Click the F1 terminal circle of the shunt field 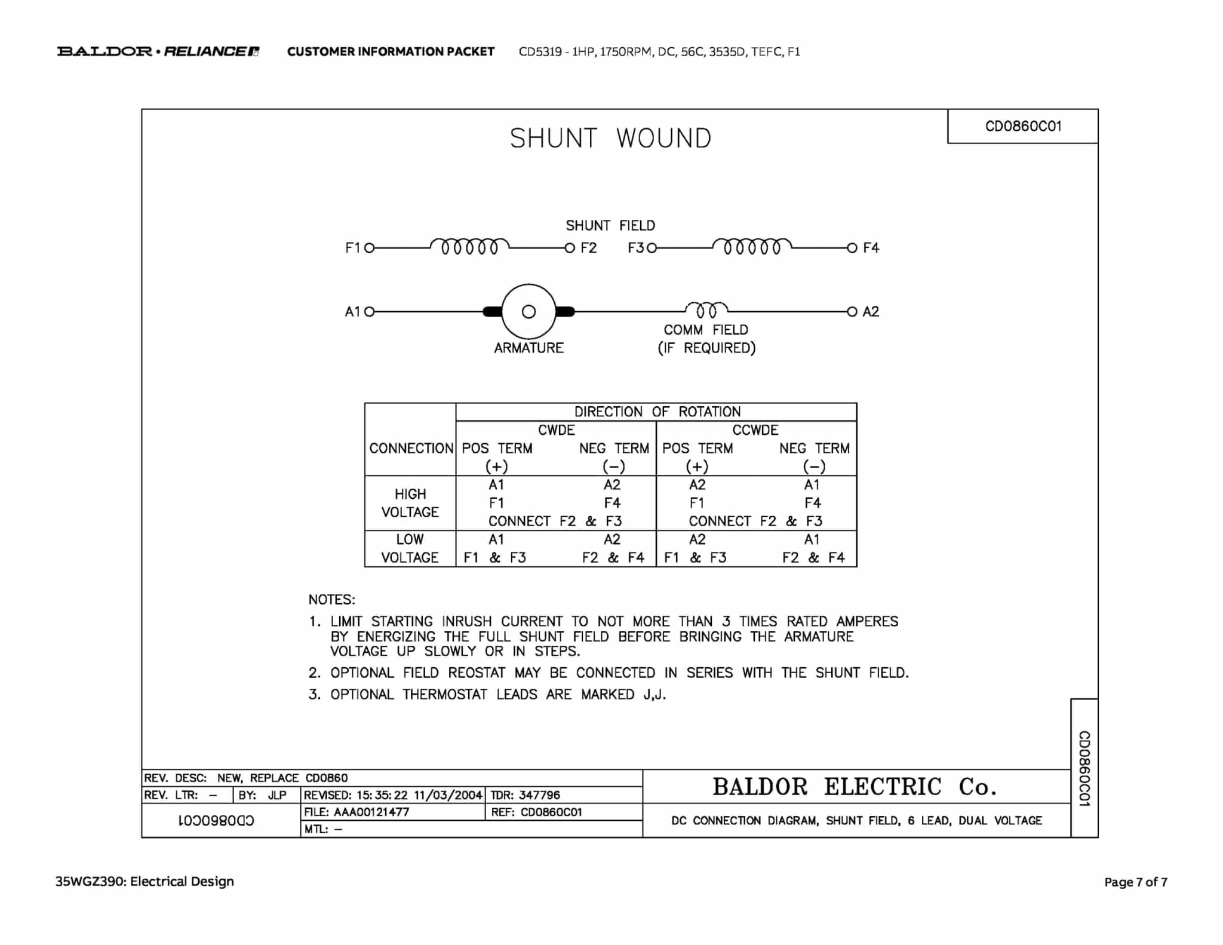click(369, 248)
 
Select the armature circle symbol click(528, 311)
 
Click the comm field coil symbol click(706, 309)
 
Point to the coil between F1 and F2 click(469, 246)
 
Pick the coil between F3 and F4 click(752, 246)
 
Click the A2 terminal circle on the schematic click(852, 311)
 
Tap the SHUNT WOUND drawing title click(610, 139)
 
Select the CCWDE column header click(755, 430)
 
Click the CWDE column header click(556, 430)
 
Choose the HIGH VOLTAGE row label click(410, 503)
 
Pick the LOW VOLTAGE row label click(410, 548)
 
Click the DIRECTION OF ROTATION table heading click(657, 412)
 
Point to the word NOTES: click(331, 600)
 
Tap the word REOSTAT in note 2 click(477, 673)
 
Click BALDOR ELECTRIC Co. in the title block click(855, 787)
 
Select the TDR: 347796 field click(525, 795)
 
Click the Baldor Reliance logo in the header click(158, 51)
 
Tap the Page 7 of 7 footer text click(1135, 882)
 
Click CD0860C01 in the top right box click(1023, 126)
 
